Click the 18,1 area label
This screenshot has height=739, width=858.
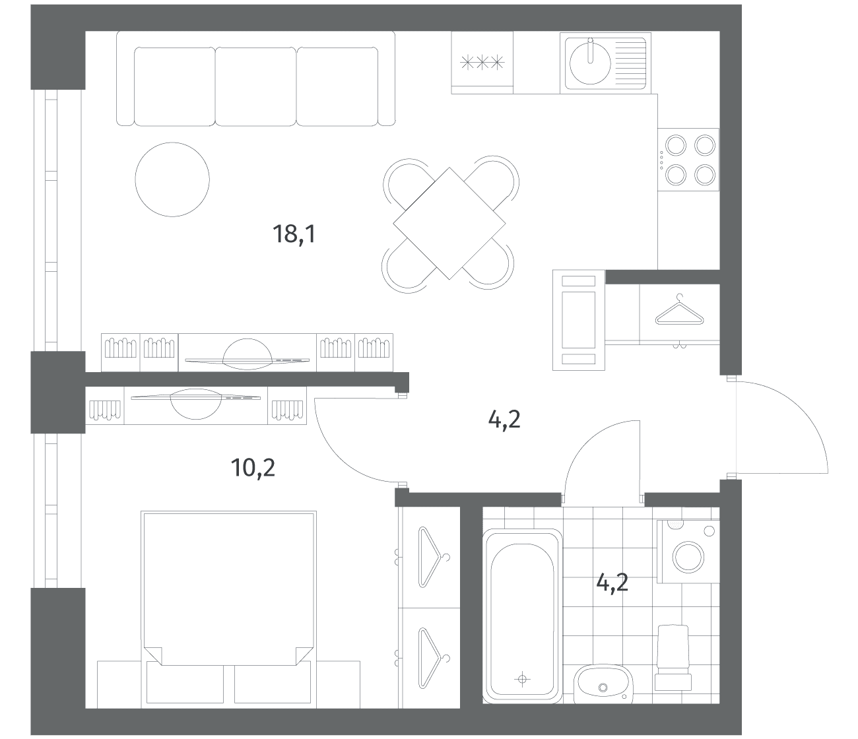click(x=294, y=234)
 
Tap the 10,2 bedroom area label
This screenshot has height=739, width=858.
click(x=253, y=468)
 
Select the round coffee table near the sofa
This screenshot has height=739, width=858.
click(x=172, y=179)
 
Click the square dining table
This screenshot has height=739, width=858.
click(x=449, y=223)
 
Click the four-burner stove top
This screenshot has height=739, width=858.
click(x=688, y=160)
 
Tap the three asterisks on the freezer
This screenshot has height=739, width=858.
click(x=482, y=63)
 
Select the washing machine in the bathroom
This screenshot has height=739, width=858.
click(x=688, y=552)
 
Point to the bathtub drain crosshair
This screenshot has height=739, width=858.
click(x=522, y=679)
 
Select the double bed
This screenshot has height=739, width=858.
click(x=229, y=608)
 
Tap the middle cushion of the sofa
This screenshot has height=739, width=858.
click(x=255, y=86)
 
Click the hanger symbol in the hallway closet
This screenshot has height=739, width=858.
click(x=679, y=311)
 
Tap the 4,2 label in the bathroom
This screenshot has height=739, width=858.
click(x=612, y=583)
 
